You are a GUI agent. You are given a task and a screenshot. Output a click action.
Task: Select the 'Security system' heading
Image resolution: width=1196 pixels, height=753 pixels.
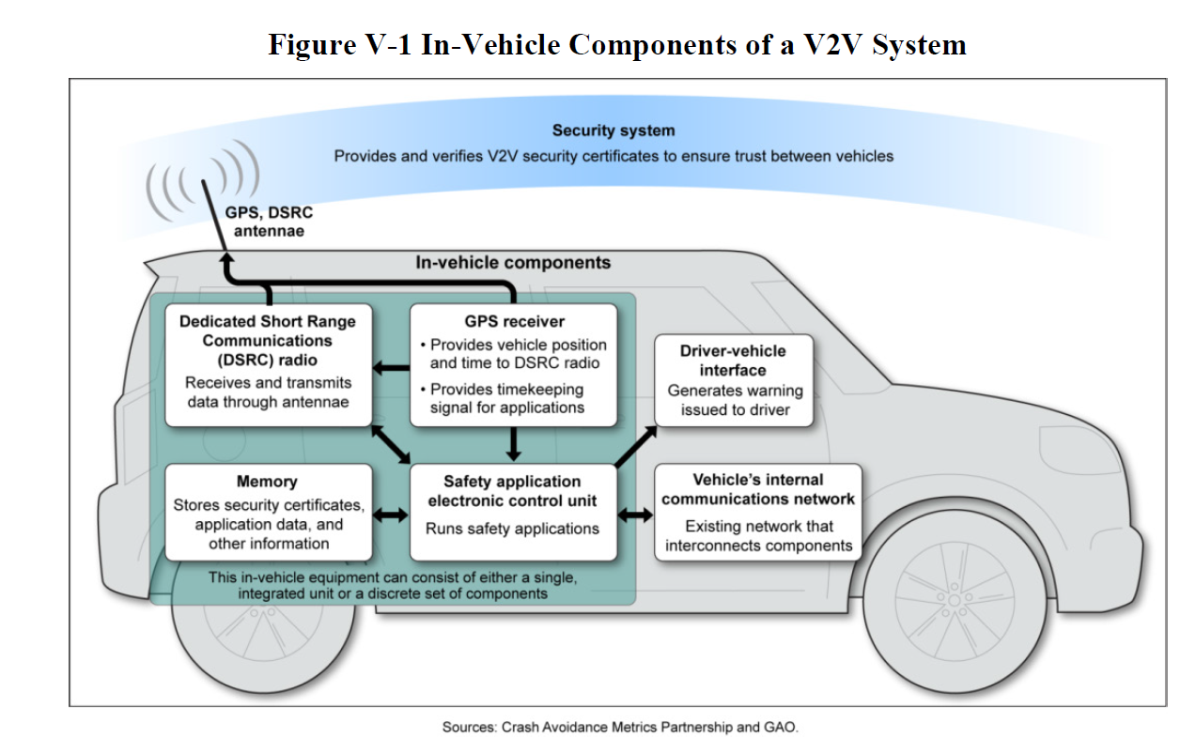click(613, 131)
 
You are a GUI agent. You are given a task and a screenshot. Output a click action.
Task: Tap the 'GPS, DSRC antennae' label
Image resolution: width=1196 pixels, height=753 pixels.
click(269, 222)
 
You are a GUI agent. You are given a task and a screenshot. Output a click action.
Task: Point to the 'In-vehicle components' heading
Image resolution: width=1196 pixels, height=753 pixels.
click(513, 263)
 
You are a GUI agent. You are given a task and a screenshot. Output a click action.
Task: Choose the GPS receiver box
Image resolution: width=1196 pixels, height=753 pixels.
click(514, 364)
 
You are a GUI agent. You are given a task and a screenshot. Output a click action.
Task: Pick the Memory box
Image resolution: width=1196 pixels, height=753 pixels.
click(268, 512)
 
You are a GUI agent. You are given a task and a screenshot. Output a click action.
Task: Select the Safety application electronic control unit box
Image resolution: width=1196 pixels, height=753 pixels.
click(512, 512)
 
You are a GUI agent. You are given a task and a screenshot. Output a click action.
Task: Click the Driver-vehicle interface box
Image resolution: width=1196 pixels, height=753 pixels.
click(733, 379)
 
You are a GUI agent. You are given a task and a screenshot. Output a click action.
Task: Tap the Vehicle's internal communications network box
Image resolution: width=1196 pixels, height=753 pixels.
click(757, 512)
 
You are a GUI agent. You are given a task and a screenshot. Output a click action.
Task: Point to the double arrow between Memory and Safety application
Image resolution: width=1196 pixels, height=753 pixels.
click(391, 515)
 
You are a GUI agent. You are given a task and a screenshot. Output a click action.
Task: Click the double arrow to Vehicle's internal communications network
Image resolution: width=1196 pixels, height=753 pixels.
click(636, 515)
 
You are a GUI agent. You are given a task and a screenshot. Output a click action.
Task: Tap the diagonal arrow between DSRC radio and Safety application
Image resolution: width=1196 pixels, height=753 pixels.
click(392, 443)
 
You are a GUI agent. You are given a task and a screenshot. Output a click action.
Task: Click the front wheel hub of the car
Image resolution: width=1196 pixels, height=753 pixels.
click(955, 598)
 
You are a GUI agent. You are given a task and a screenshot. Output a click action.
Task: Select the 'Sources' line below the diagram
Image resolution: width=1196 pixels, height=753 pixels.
click(621, 727)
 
